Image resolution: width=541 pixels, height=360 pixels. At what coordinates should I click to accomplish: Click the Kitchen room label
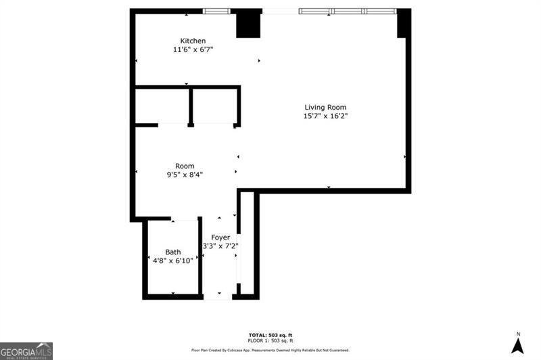193,41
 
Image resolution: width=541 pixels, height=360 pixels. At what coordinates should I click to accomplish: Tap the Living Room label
325,107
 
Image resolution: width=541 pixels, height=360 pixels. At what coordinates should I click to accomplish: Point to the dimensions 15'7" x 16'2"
325,116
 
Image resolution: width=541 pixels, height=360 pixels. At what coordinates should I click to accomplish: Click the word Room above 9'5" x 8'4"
185,166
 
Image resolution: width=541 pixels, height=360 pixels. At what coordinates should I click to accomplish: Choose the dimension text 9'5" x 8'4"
185,175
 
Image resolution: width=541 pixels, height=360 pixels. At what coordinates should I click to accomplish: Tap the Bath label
173,252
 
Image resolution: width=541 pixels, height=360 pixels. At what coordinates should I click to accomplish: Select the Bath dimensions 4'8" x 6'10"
173,260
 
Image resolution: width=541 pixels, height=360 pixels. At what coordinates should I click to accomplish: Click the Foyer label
220,237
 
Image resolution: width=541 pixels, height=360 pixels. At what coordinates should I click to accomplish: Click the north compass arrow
518,346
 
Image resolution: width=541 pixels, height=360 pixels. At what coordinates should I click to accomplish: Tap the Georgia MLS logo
26,351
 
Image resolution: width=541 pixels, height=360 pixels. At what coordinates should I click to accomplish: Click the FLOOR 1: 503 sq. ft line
270,342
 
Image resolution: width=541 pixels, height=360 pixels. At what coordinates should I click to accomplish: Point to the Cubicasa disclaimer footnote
270,350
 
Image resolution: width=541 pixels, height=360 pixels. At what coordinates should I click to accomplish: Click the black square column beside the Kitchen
248,25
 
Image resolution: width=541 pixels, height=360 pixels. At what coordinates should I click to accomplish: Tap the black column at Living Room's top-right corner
404,24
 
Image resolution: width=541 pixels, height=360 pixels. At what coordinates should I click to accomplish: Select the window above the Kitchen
216,11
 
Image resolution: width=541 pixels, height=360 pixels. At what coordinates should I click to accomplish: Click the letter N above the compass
518,334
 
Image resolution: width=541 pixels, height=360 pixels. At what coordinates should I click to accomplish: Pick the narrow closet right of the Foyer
246,244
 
